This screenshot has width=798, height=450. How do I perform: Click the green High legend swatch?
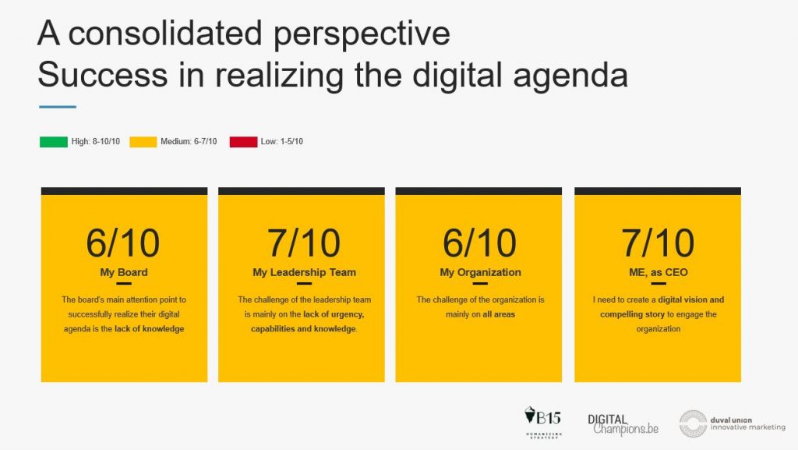(54, 142)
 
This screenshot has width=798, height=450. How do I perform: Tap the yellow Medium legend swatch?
(143, 142)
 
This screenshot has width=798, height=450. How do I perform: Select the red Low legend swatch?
(243, 142)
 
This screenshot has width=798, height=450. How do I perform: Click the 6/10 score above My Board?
(122, 243)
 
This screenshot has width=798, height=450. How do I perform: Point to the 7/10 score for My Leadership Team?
(304, 243)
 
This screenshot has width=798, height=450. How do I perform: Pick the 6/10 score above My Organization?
(479, 243)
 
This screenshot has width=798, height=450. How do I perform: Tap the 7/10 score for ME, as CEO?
(658, 243)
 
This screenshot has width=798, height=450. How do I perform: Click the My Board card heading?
(124, 272)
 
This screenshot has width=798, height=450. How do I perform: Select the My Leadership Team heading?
(305, 272)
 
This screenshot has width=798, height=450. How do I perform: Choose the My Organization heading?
(480, 272)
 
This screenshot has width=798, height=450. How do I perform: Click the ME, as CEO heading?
(658, 272)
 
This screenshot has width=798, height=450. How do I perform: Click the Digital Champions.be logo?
(623, 424)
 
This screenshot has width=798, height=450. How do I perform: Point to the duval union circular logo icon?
(693, 423)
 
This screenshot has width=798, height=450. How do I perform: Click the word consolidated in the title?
(166, 34)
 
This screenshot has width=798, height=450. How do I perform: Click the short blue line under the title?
(58, 107)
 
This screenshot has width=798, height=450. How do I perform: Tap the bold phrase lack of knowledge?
(149, 329)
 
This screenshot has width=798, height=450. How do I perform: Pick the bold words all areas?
(499, 314)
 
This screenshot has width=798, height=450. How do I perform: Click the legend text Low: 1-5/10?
(282, 141)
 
